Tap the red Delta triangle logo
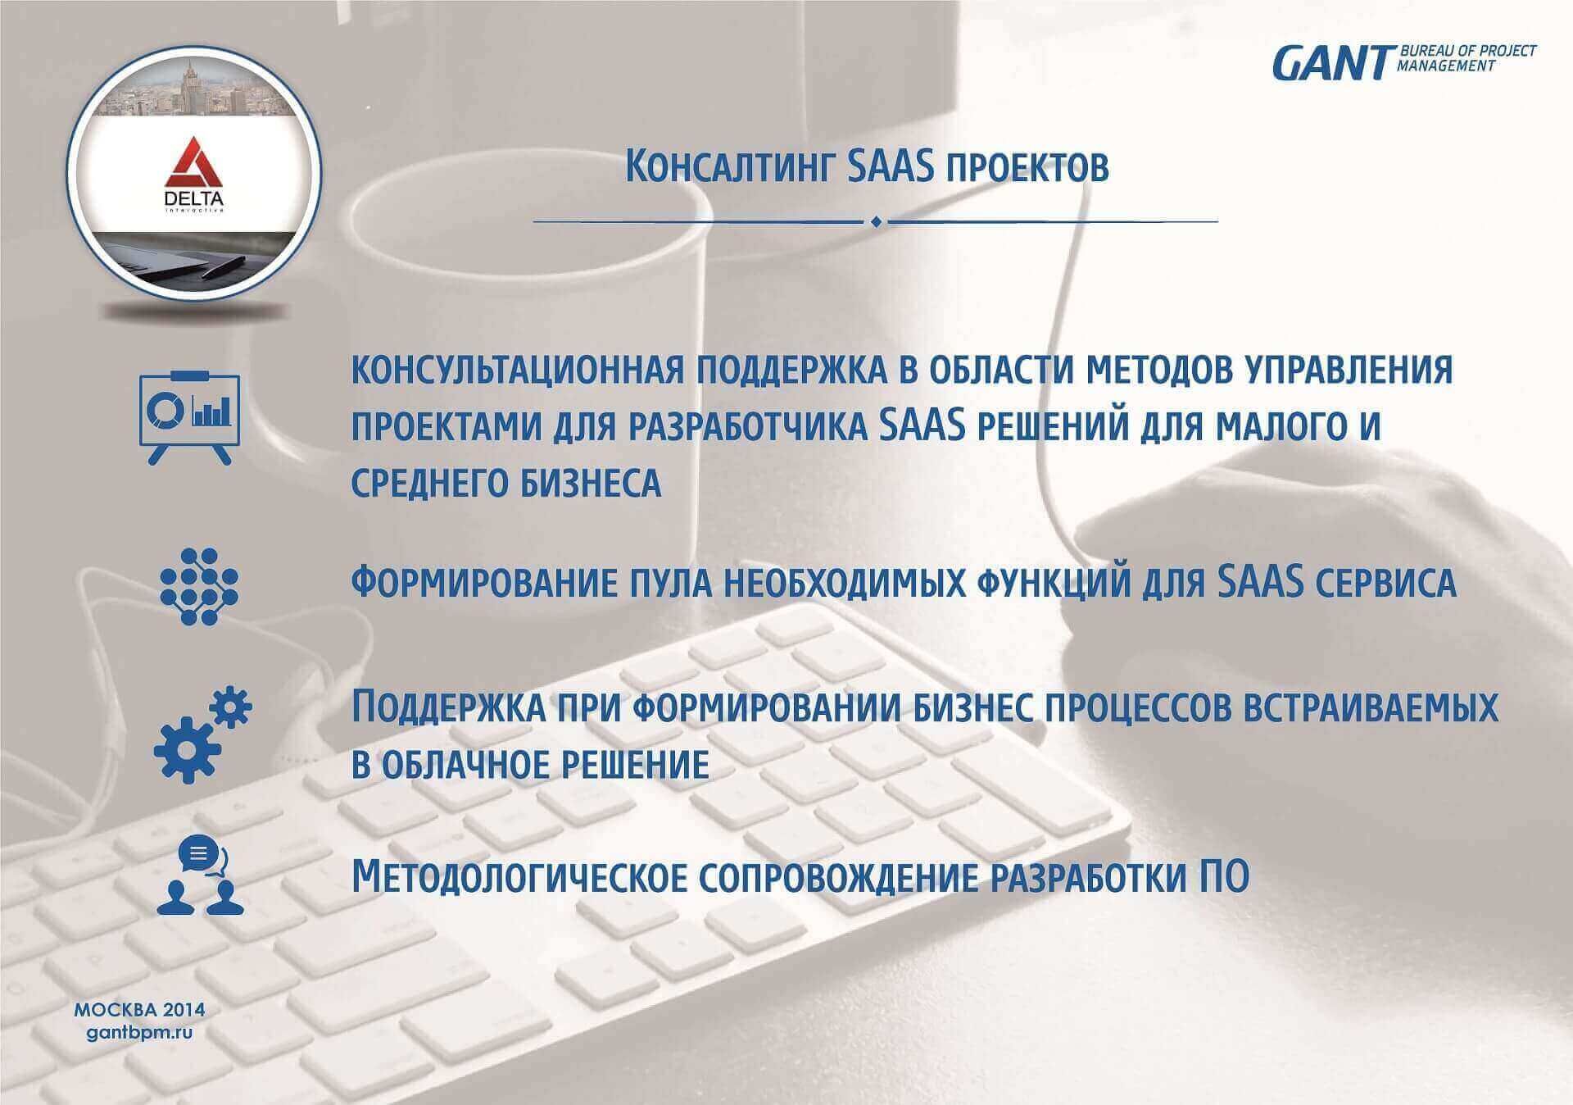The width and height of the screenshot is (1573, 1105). (x=195, y=161)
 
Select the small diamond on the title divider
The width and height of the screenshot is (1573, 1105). (x=876, y=221)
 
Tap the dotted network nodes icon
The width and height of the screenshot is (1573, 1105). (x=198, y=586)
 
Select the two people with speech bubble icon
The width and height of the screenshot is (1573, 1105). (x=200, y=875)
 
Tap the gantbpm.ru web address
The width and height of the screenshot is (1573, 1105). (x=140, y=1033)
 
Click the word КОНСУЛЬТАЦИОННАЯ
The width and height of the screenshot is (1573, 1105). (x=517, y=371)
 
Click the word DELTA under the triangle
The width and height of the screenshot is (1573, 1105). (x=194, y=199)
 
